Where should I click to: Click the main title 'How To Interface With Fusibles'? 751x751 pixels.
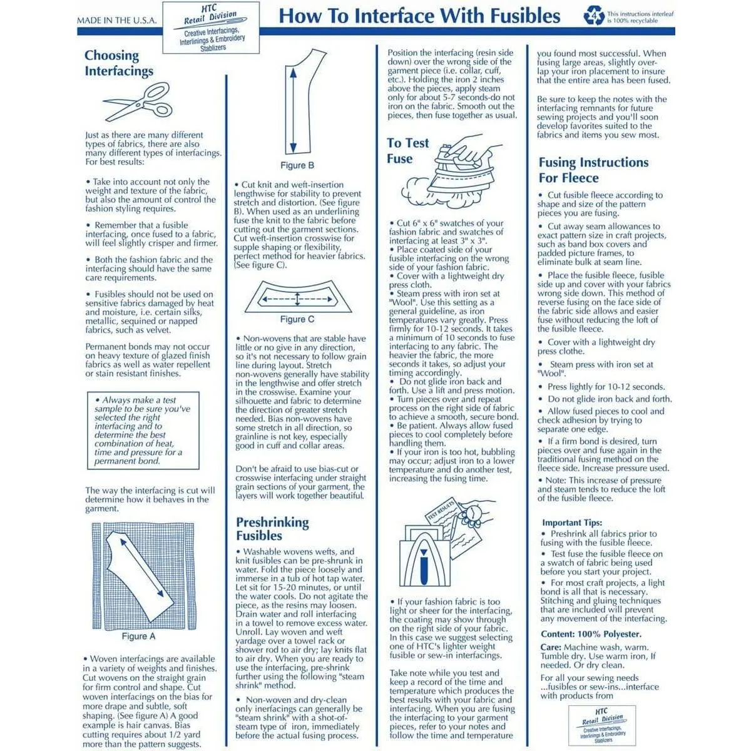pyautogui.click(x=419, y=16)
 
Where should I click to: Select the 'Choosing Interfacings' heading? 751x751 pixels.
pyautogui.click(x=119, y=63)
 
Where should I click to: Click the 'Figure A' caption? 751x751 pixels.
pyautogui.click(x=138, y=636)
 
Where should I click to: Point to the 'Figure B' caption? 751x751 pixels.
pyautogui.click(x=297, y=165)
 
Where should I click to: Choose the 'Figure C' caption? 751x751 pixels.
pyautogui.click(x=297, y=319)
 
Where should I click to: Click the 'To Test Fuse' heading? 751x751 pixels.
pyautogui.click(x=407, y=151)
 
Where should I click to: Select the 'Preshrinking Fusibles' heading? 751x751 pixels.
pyautogui.click(x=272, y=529)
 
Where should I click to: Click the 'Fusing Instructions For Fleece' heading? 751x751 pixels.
pyautogui.click(x=593, y=170)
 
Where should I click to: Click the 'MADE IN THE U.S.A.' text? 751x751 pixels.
pyautogui.click(x=116, y=21)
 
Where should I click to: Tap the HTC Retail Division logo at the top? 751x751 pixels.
pyautogui.click(x=211, y=27)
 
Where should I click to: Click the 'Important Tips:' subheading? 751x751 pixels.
pyautogui.click(x=572, y=523)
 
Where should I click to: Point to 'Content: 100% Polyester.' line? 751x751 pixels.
pyautogui.click(x=591, y=634)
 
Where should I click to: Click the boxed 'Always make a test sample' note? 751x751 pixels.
pyautogui.click(x=143, y=431)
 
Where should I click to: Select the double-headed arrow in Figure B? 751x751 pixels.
pyautogui.click(x=292, y=110)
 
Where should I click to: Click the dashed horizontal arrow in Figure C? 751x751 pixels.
pyautogui.click(x=297, y=299)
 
